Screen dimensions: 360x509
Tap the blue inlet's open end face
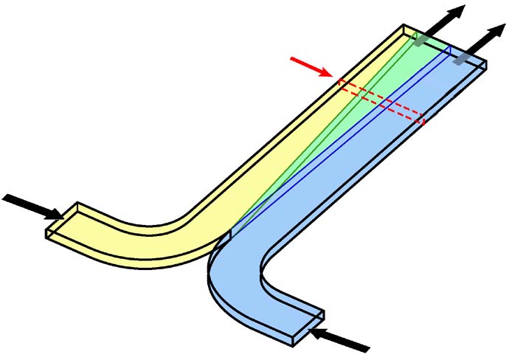point(307,328)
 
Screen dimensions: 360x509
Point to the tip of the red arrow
point(333,75)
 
